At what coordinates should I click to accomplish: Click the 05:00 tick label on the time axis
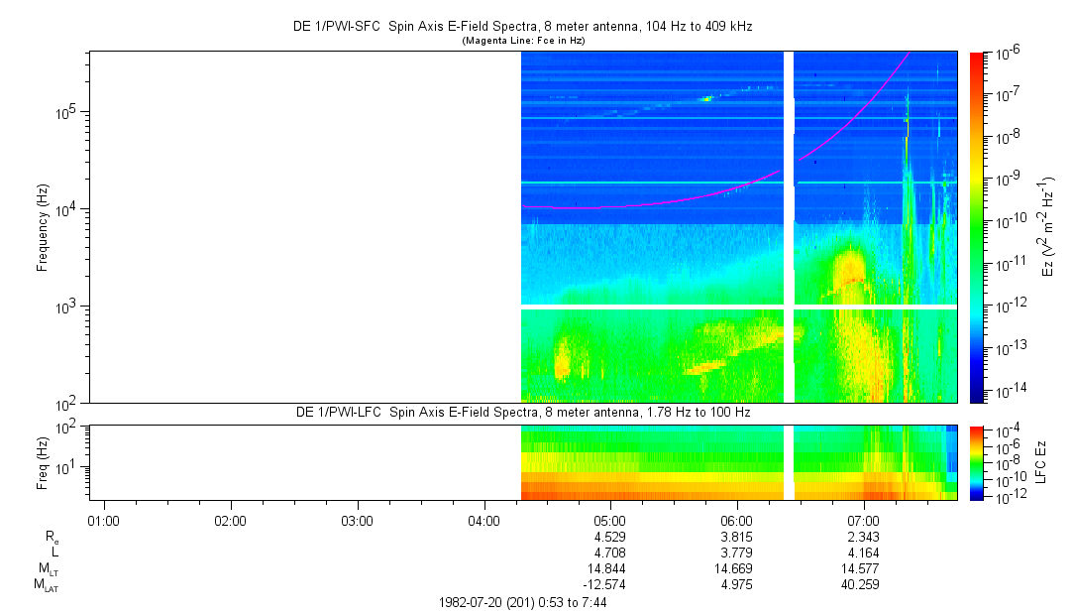coord(609,520)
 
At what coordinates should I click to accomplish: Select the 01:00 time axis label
coord(103,520)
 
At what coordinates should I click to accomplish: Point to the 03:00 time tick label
coord(357,520)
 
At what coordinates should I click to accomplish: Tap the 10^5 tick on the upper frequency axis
coord(66,111)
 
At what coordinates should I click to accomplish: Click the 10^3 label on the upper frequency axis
coord(66,307)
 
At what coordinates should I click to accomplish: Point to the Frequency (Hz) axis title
coord(42,227)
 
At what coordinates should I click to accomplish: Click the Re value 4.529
coord(609,537)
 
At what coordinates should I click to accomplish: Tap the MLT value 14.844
coord(609,568)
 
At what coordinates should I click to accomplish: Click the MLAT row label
coord(46,585)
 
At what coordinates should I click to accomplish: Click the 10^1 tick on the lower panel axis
coord(69,467)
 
